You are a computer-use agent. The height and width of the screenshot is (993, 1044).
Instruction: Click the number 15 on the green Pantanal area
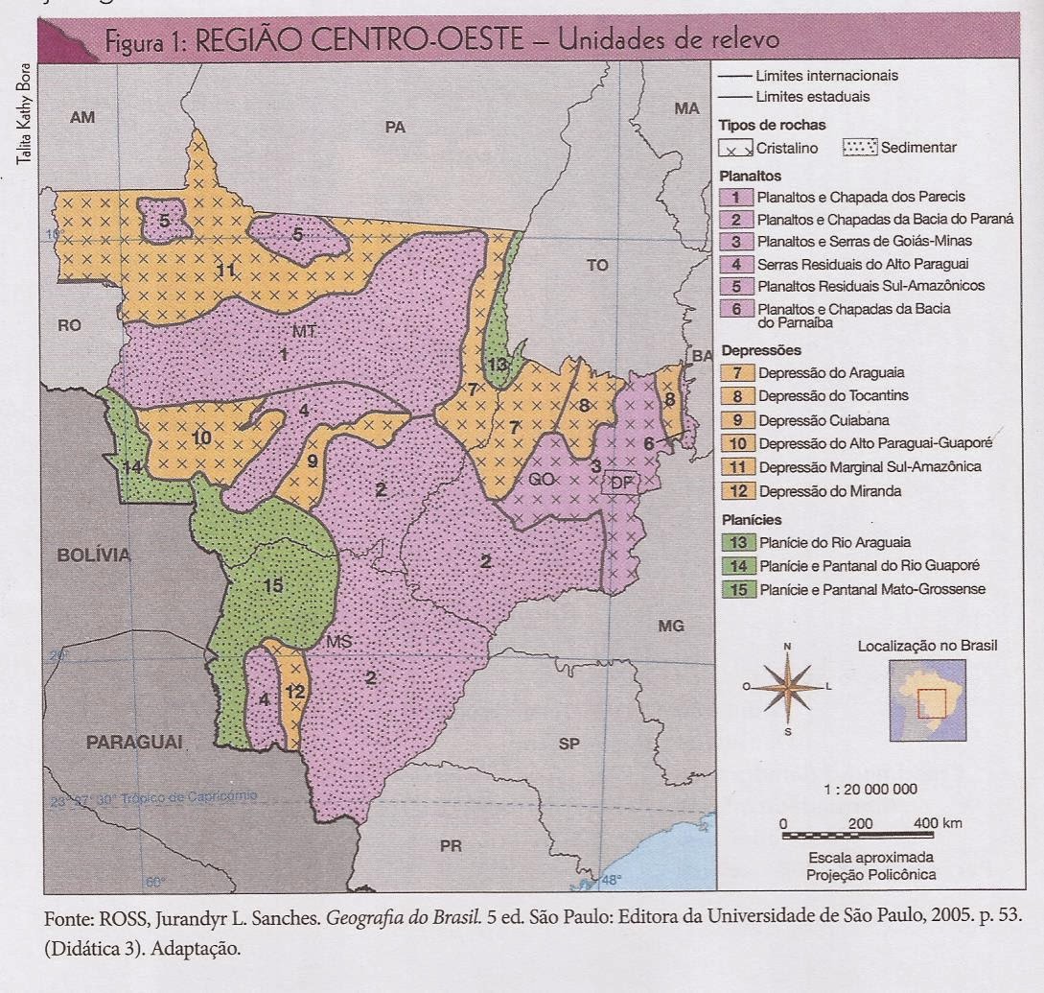tap(274, 585)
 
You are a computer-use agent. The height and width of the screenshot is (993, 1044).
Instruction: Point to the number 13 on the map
tap(497, 365)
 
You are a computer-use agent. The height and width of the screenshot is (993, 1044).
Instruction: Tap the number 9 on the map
tap(313, 461)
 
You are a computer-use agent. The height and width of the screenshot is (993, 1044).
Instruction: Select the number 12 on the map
tap(294, 691)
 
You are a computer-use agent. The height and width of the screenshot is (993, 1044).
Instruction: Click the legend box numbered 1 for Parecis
tap(733, 196)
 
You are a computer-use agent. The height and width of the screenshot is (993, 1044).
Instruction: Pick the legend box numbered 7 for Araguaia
tap(733, 371)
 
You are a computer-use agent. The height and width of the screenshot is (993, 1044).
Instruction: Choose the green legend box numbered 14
tap(733, 566)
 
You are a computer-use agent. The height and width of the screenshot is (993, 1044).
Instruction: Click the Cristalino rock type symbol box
tap(735, 148)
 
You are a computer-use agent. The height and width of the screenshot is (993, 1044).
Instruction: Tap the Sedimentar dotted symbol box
tap(860, 148)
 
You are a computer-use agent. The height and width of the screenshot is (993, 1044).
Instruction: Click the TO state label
tap(597, 266)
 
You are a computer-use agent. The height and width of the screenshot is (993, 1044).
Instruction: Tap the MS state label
tap(340, 640)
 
